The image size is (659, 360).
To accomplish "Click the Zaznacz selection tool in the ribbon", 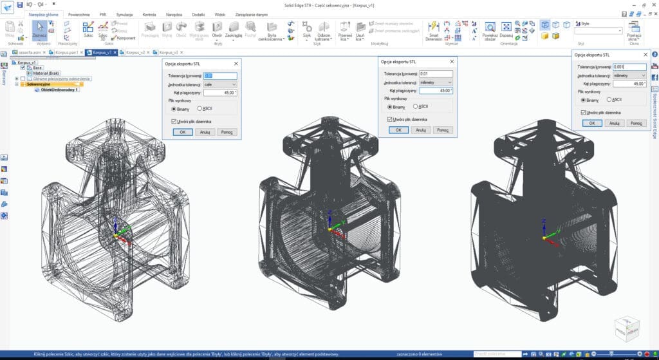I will coord(40,30).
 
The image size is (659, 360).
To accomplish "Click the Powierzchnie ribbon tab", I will coord(79,14).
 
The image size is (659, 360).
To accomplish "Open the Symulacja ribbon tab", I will coord(125,14).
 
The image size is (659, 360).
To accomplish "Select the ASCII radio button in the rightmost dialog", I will coord(609,100).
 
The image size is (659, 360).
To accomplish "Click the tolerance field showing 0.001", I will coord(629,66).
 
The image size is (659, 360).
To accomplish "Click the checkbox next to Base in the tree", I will coord(23,68).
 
